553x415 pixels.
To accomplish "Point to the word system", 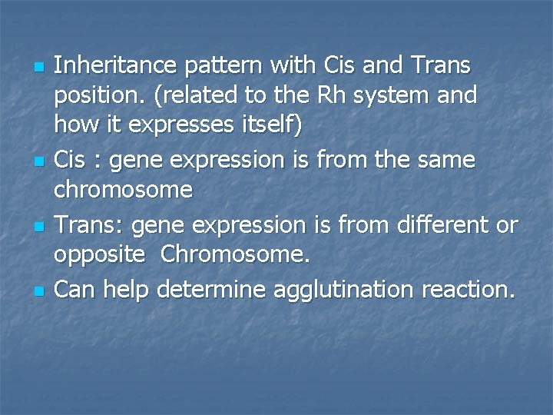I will pyautogui.click(x=392, y=96).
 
